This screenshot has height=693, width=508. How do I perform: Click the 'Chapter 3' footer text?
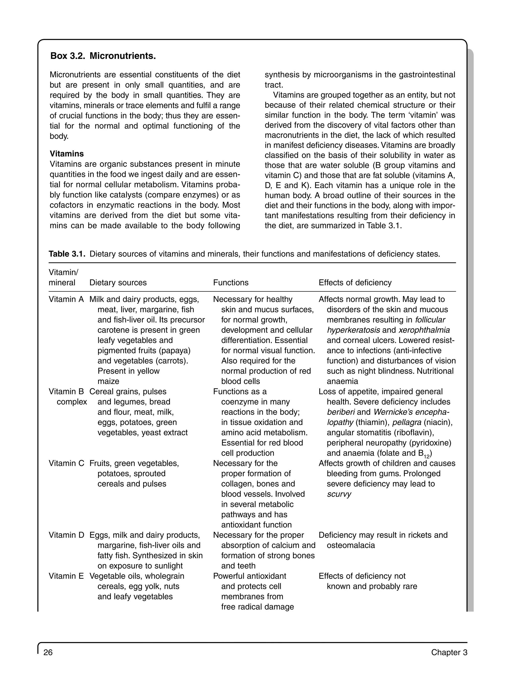[x=449, y=652]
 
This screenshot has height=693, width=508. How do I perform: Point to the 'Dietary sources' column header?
[x=118, y=283]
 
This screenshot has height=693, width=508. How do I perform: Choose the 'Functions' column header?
[x=231, y=283]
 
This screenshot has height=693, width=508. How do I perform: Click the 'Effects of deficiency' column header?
[x=355, y=283]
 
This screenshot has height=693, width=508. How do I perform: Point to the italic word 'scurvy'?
[x=339, y=494]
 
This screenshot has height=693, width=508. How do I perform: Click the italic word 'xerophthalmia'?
[x=424, y=330]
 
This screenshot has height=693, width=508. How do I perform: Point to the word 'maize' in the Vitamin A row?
[x=108, y=381]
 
